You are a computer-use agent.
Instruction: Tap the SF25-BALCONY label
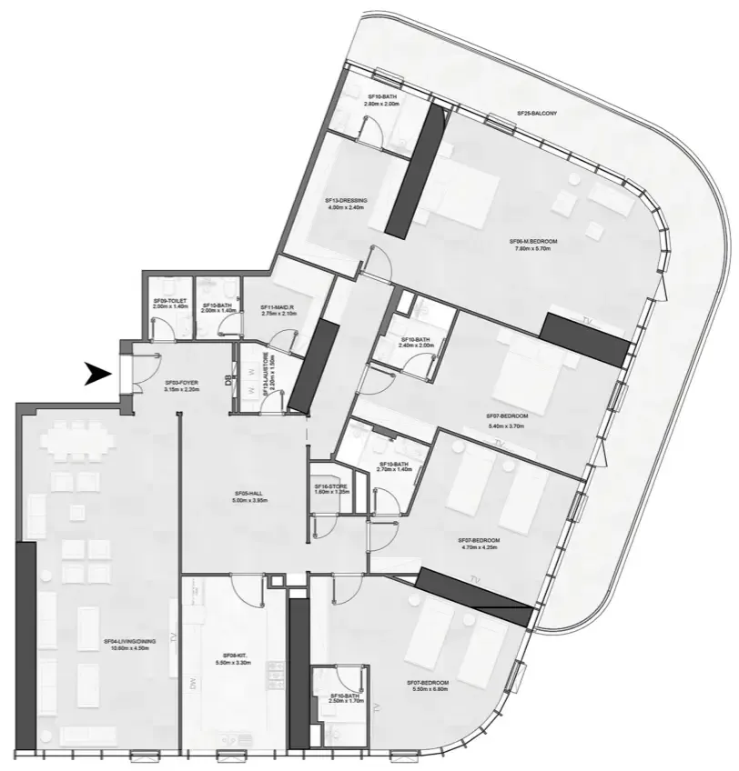coord(537,114)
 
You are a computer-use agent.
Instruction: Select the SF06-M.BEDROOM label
coord(533,241)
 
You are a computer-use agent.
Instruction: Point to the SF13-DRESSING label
coord(345,200)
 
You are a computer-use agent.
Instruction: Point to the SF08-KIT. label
coord(236,656)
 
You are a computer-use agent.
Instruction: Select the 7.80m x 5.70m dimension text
coord(533,248)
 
